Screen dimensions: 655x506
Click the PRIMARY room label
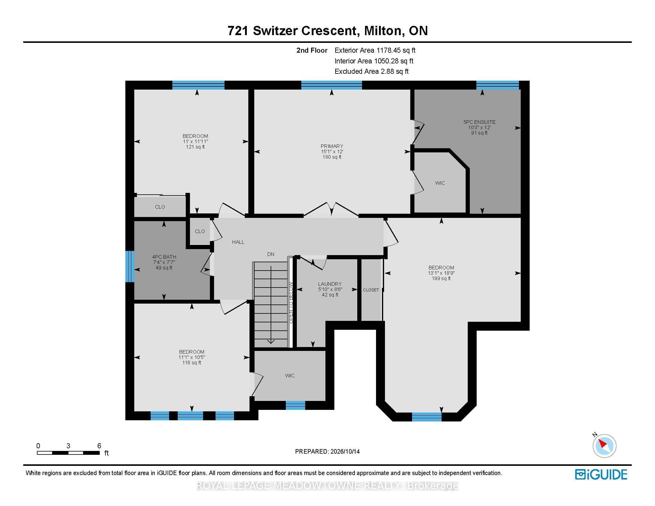pos(332,146)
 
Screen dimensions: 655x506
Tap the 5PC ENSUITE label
pos(479,122)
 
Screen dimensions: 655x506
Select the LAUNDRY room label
pos(330,284)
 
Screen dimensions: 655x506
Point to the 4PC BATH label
pos(164,257)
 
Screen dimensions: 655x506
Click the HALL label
pos(238,242)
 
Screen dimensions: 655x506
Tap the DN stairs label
pos(271,254)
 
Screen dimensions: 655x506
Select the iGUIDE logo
pos(601,474)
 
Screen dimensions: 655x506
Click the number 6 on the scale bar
pos(99,446)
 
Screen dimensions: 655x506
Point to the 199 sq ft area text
pos(441,279)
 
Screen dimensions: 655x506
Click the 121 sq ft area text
pos(195,147)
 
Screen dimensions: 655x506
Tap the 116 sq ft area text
pos(192,363)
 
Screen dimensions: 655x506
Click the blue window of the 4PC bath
pos(130,266)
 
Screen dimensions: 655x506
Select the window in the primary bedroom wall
pos(331,85)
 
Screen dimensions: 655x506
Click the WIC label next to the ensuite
pos(440,183)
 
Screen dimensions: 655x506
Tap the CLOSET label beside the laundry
pos(371,290)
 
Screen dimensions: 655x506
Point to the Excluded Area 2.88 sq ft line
pos(372,71)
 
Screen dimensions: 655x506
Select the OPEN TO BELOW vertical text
pos(291,303)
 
